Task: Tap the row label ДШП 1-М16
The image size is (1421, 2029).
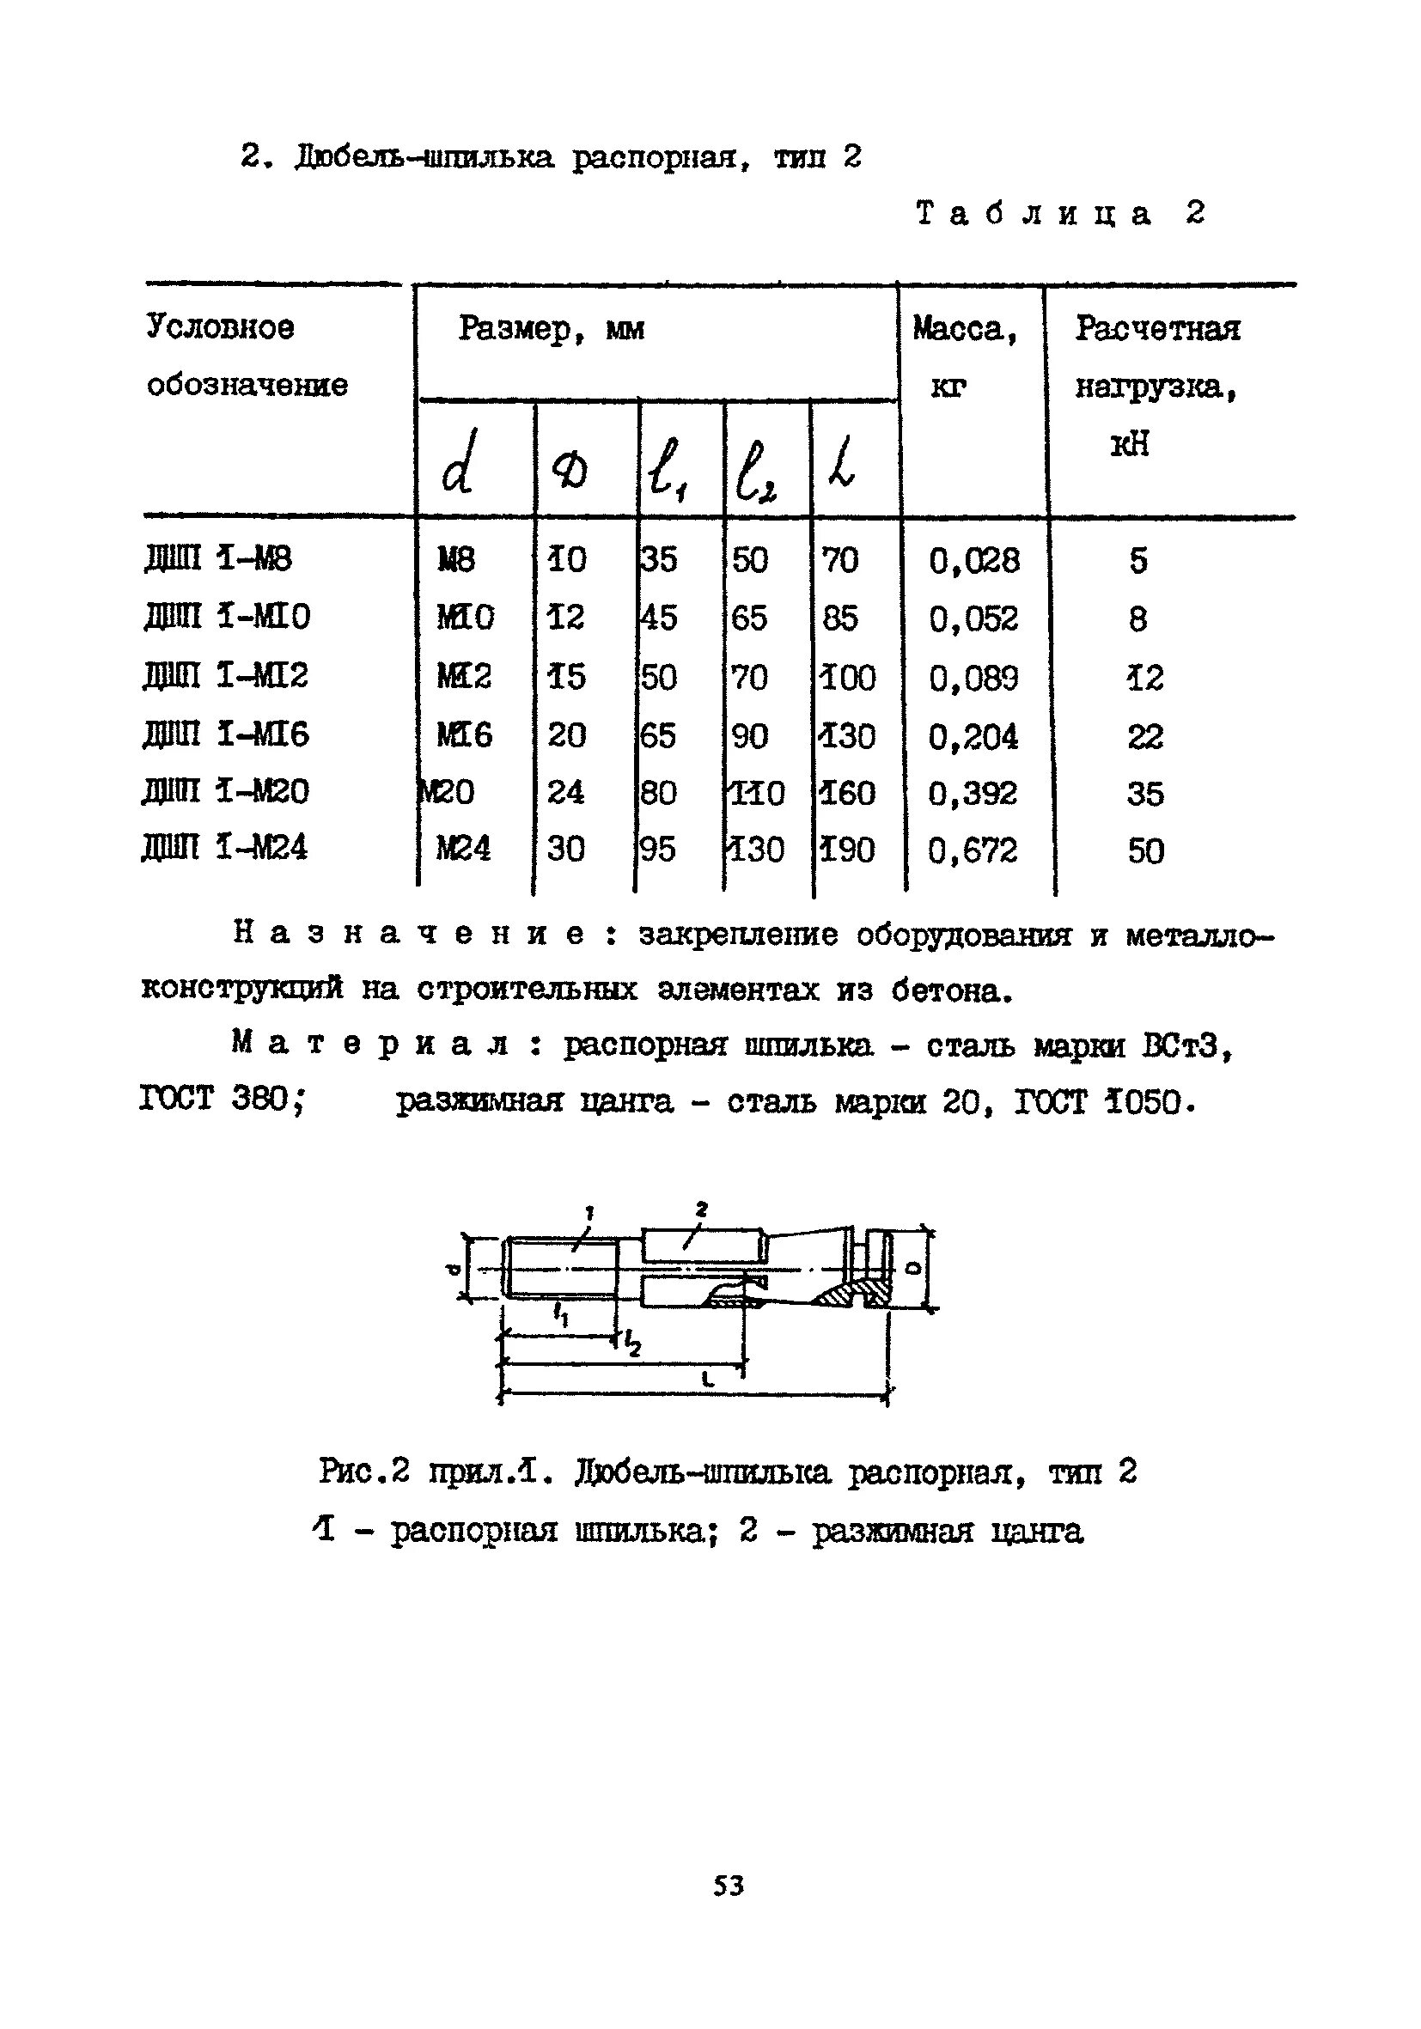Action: [225, 734]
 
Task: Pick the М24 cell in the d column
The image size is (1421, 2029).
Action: [463, 850]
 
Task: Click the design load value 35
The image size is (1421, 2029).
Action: [1144, 794]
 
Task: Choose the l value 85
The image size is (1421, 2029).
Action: [839, 618]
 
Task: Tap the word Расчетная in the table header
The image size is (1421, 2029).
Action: [1157, 329]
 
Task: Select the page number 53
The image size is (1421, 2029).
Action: [729, 1885]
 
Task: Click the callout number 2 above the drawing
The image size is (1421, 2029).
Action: [701, 1208]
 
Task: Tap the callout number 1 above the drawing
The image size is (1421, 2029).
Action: [589, 1210]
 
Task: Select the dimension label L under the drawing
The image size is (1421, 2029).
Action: [708, 1378]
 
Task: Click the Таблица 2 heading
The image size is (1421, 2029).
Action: [1059, 214]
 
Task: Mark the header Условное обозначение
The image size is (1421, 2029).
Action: [247, 356]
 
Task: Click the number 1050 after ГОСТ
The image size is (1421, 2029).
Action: [1145, 1102]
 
